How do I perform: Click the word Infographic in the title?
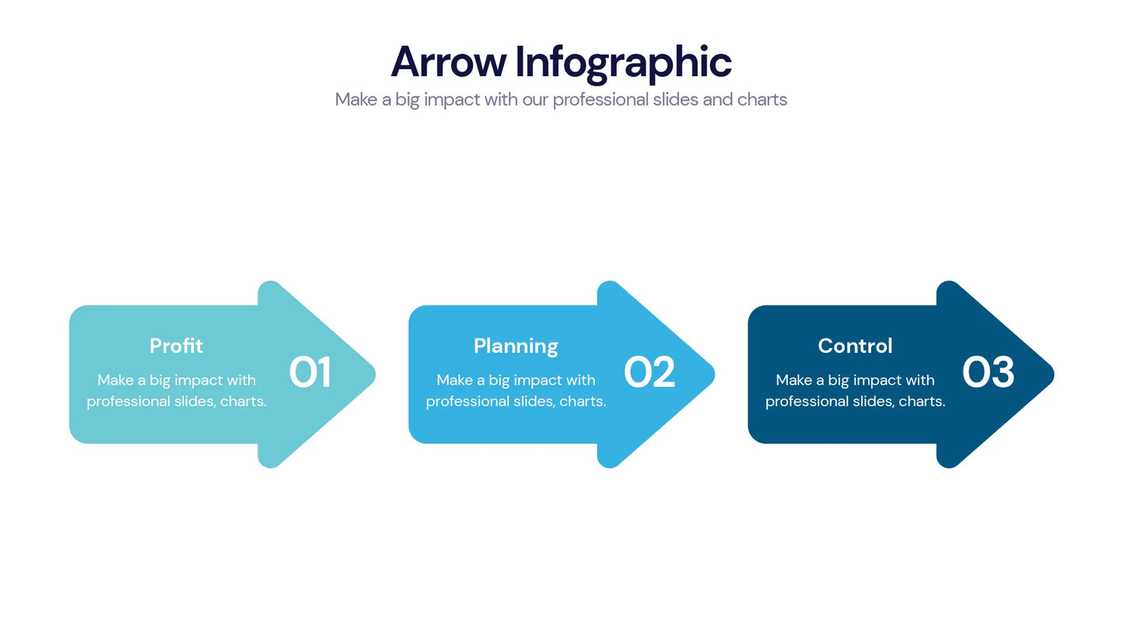623,62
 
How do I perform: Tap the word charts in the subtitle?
762,100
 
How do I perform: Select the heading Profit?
177,346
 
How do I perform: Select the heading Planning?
516,346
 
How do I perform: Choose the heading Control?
855,346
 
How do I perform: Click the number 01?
310,373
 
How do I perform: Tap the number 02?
650,373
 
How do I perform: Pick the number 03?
989,373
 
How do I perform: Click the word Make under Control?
794,381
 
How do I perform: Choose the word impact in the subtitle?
451,100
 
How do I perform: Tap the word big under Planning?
499,381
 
